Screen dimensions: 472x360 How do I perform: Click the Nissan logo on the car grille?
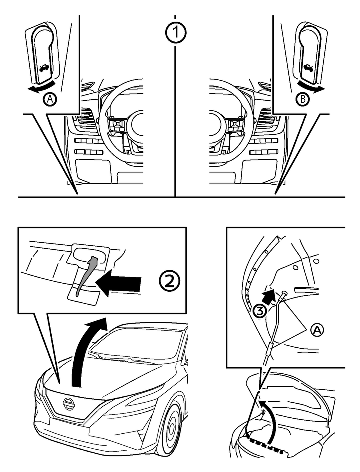pos(69,404)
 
